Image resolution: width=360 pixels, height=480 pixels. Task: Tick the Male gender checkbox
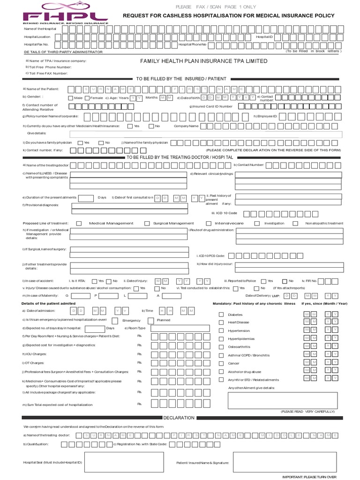tap(71, 98)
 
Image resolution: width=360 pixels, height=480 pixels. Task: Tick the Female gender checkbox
tap(87, 98)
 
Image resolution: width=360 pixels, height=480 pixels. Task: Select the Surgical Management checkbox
tap(147, 224)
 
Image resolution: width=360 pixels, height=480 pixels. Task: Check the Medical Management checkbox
tap(79, 224)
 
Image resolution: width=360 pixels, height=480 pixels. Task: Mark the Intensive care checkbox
tap(210, 224)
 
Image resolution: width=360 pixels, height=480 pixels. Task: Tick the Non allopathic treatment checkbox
tap(295, 224)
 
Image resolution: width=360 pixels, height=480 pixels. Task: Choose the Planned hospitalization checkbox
tap(150, 320)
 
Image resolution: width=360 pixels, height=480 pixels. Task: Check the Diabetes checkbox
tap(221, 315)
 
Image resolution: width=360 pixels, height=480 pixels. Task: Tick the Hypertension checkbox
tap(221, 330)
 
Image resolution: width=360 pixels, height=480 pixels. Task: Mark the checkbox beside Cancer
tap(221, 363)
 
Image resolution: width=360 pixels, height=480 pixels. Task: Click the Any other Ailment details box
tap(282, 400)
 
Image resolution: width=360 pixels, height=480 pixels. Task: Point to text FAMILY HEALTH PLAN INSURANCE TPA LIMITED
tap(204, 61)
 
